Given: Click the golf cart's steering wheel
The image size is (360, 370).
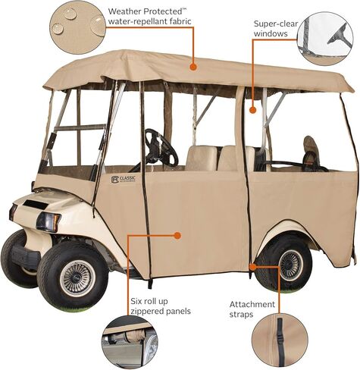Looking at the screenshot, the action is (x=161, y=146).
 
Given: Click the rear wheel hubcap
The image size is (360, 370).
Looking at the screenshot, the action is (x=290, y=265).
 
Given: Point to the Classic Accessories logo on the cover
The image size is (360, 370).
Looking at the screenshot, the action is (x=124, y=179).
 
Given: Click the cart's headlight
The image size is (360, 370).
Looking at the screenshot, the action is (x=49, y=221).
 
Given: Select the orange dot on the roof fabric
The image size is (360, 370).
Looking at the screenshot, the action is (x=193, y=67).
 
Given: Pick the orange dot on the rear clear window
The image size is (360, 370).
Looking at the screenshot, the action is (x=252, y=110).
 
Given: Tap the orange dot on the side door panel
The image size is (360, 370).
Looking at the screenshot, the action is (x=177, y=236).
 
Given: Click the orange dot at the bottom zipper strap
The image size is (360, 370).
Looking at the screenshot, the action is (x=252, y=267).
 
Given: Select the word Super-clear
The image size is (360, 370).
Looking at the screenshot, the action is (x=276, y=24).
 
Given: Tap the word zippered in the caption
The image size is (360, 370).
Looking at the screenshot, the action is (x=147, y=311).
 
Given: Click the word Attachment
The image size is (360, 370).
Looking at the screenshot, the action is (x=252, y=305).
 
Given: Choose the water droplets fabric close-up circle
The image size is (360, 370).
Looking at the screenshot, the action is (x=77, y=27).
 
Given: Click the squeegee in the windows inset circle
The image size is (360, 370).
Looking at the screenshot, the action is (x=340, y=36).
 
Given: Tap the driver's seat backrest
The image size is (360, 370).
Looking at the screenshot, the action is (x=202, y=158).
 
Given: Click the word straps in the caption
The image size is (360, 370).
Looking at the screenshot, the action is (x=241, y=315).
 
